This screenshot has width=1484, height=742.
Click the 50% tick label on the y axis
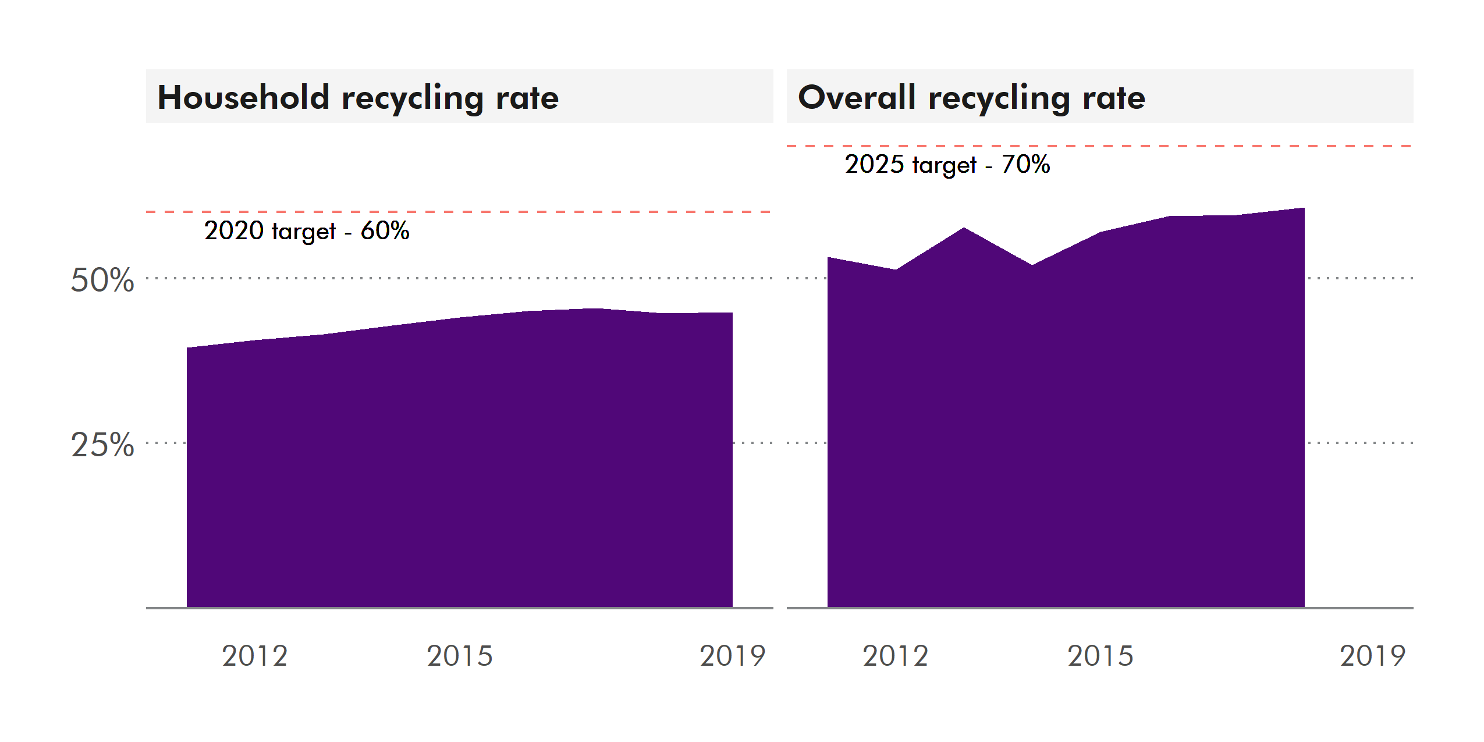(102, 280)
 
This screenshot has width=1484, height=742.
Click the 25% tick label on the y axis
(102, 445)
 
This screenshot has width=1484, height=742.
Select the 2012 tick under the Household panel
(255, 656)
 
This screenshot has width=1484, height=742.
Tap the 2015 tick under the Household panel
(460, 656)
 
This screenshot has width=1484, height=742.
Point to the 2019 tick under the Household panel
(732, 656)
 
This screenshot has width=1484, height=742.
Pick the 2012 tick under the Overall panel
(895, 656)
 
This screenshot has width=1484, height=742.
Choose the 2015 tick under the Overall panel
(1100, 656)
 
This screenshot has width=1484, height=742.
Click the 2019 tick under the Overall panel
(1372, 656)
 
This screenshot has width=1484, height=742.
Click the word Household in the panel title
(243, 97)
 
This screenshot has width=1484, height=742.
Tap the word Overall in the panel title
(857, 97)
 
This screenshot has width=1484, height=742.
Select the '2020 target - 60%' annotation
(307, 231)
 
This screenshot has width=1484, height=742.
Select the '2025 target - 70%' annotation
(947, 165)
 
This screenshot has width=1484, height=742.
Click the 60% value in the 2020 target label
(385, 231)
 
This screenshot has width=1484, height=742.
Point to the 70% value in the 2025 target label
(1025, 165)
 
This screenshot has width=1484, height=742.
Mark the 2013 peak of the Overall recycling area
(964, 228)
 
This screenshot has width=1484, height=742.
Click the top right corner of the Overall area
(1304, 208)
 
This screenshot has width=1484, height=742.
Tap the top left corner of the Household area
(187, 349)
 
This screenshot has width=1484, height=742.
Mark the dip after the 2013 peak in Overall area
(1032, 265)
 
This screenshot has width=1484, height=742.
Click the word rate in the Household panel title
(527, 97)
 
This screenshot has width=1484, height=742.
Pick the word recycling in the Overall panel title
(999, 97)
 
